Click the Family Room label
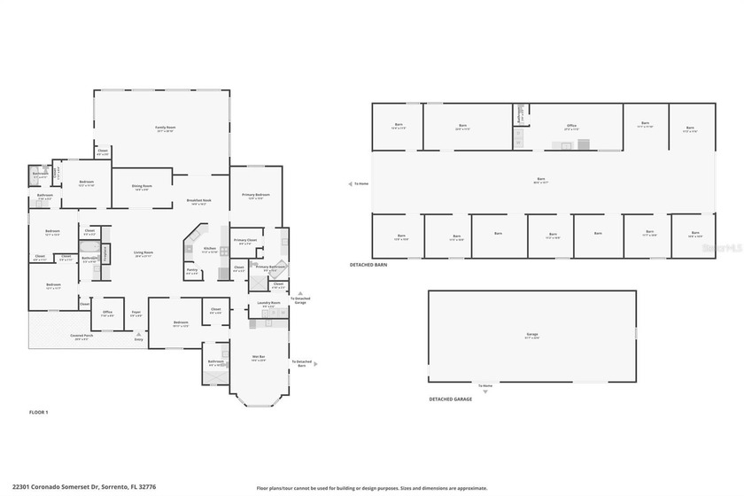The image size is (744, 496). click(161, 128)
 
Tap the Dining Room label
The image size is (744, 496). click(142, 186)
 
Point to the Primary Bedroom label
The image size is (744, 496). click(256, 194)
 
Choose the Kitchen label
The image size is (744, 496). click(209, 248)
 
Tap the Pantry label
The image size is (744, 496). click(192, 270)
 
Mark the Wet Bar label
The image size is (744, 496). click(259, 356)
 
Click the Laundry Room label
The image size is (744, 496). click(269, 304)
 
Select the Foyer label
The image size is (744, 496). click(136, 312)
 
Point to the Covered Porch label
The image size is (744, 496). click(84, 336)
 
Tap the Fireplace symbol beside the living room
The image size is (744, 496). click(106, 254)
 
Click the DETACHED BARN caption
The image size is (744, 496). click(368, 264)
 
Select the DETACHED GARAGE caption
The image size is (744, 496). click(450, 399)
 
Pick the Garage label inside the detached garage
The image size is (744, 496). click(531, 334)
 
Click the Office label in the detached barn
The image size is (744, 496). click(571, 126)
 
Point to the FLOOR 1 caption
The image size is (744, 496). click(38, 413)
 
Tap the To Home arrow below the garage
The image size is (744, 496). click(484, 386)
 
